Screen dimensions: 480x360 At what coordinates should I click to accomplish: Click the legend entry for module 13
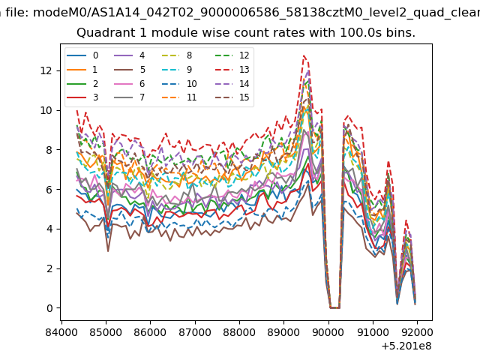(232, 70)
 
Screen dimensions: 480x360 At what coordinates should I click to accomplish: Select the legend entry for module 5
(130, 70)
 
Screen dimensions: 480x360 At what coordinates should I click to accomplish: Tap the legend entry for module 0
(82, 55)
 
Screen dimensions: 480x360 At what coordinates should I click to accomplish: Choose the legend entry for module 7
(130, 97)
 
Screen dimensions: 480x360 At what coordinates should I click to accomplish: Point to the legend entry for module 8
(177, 55)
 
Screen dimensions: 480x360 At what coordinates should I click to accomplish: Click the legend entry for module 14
(232, 84)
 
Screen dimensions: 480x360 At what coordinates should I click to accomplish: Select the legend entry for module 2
(82, 84)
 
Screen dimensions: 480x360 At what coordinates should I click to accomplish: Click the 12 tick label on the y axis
(46, 70)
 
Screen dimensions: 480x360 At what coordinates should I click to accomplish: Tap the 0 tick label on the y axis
(49, 308)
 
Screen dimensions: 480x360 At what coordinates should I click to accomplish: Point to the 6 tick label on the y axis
(49, 190)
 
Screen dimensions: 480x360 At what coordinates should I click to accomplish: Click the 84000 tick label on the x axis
(61, 332)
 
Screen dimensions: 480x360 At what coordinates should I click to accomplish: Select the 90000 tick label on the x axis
(328, 332)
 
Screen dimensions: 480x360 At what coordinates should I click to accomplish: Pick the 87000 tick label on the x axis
(195, 332)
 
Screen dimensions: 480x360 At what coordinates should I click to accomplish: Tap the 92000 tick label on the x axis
(417, 332)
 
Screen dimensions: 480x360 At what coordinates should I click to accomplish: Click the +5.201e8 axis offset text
(406, 346)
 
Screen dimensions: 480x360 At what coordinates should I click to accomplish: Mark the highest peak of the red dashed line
(304, 55)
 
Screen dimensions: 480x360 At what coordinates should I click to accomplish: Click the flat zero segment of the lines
(335, 307)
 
